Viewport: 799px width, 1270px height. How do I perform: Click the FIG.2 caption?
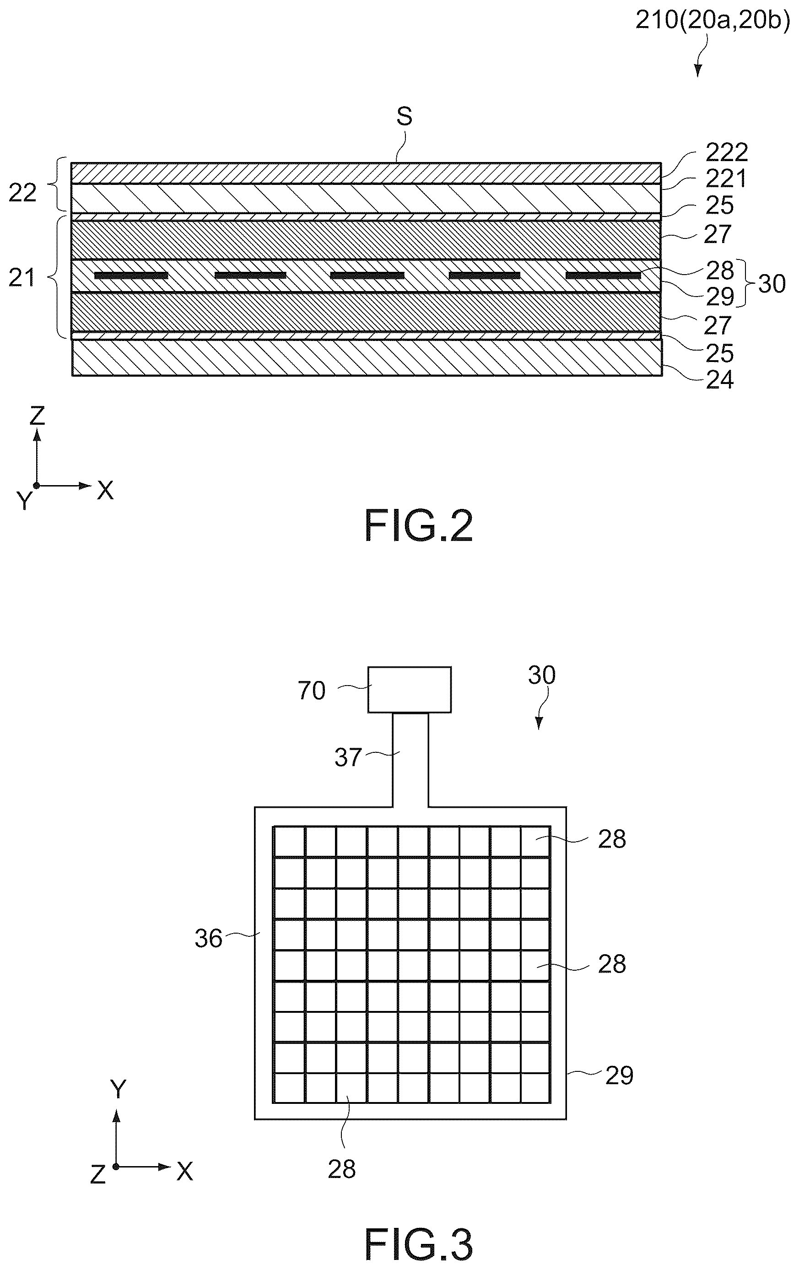[x=419, y=526]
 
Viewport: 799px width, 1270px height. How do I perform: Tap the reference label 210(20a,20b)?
[x=713, y=22]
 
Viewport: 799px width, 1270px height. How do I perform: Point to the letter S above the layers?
[x=405, y=116]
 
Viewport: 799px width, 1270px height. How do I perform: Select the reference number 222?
[x=727, y=152]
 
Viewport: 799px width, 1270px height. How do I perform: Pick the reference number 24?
[x=719, y=380]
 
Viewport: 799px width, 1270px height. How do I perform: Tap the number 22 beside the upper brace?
[x=23, y=193]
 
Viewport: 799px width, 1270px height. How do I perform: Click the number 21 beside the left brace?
[x=22, y=277]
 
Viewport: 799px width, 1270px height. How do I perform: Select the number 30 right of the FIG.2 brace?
[x=772, y=284]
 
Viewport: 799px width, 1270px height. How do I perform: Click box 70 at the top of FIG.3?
[x=409, y=690]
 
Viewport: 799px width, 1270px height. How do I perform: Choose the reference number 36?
[x=208, y=939]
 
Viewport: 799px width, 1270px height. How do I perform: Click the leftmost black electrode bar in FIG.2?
[x=131, y=276]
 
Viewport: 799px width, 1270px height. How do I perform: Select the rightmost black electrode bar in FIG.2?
[x=603, y=276]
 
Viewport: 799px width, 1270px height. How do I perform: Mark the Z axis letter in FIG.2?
[x=37, y=416]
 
